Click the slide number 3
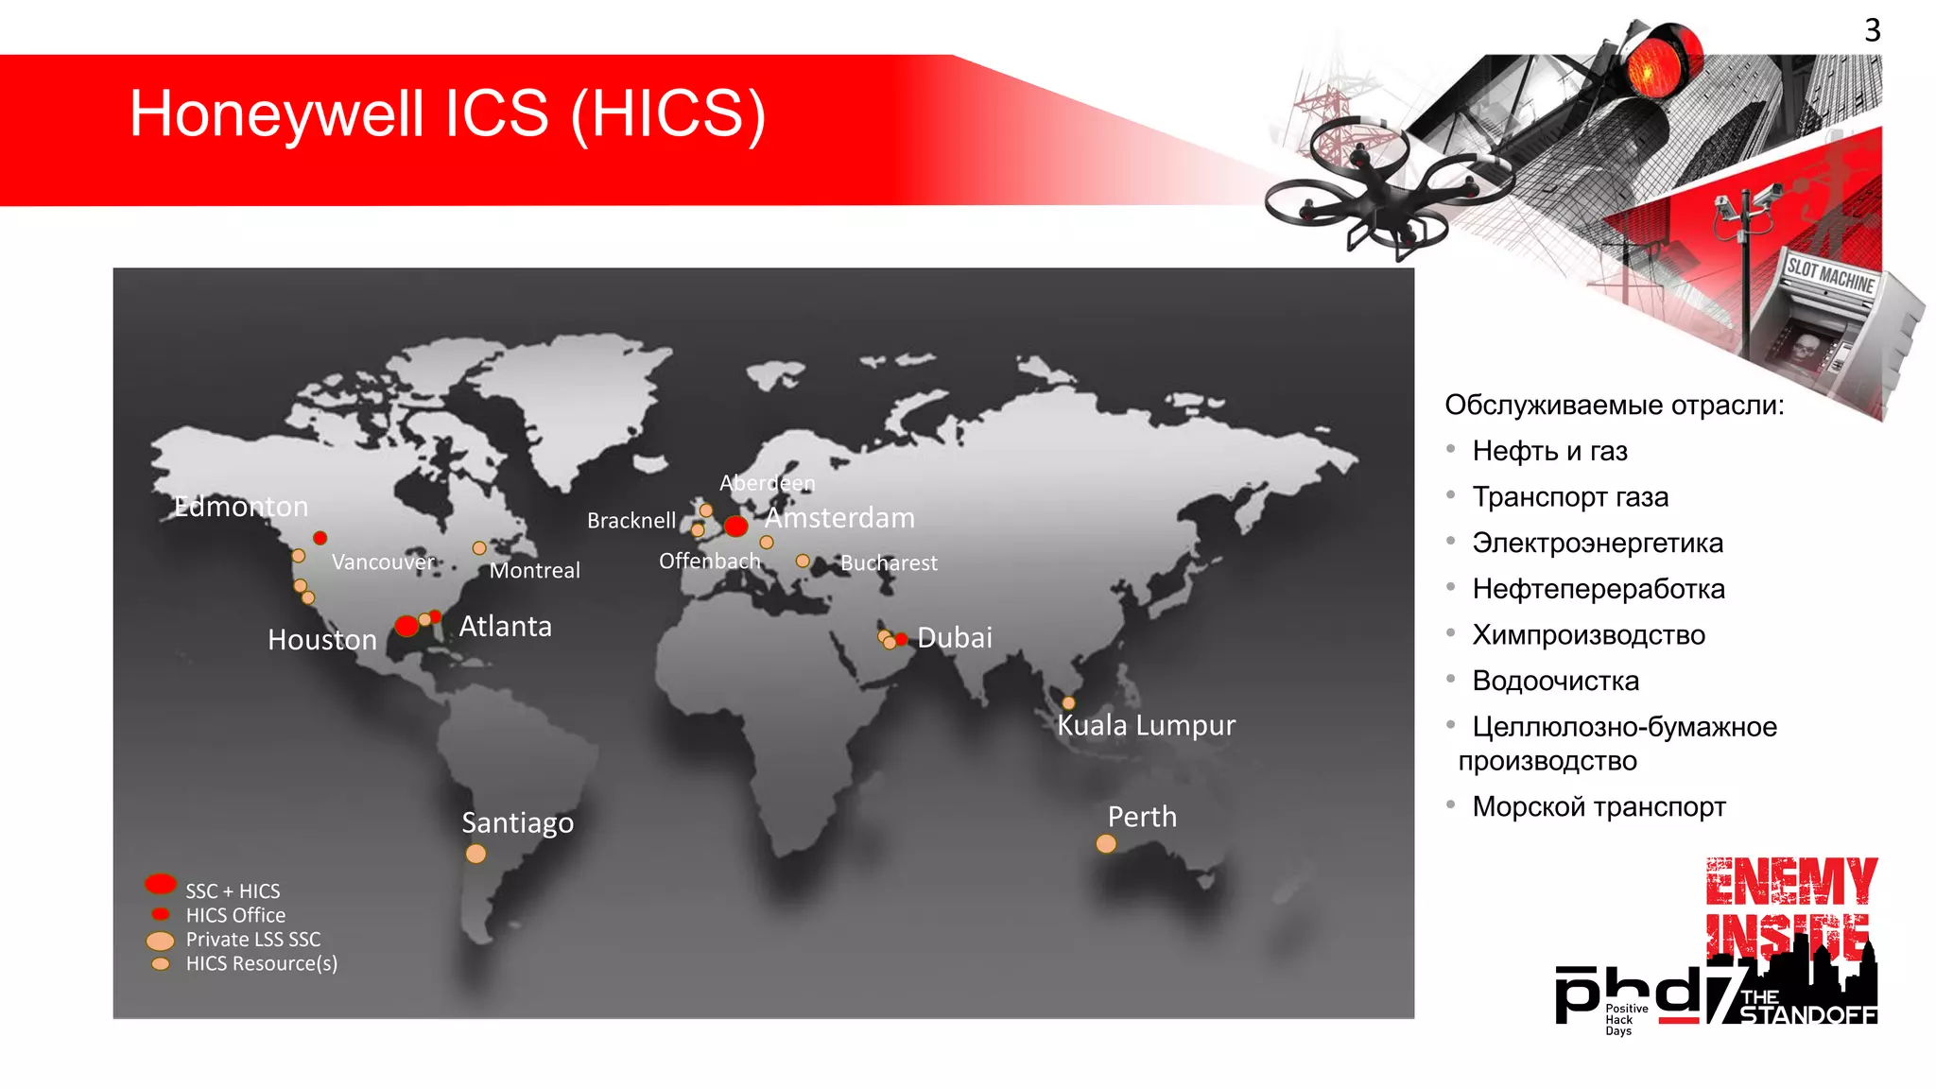[x=1872, y=30]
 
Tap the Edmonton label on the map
[x=241, y=507]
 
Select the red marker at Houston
[x=406, y=626]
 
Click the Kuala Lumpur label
[x=1146, y=725]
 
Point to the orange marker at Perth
[x=1106, y=843]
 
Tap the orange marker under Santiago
[x=475, y=854]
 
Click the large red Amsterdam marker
[x=735, y=526]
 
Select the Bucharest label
[x=889, y=563]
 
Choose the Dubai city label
[x=955, y=638]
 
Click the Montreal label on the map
[x=534, y=570]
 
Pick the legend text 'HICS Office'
[x=235, y=915]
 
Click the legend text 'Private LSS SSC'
[x=253, y=940]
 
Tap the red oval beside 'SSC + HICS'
[x=161, y=884]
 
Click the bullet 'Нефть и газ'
[x=1549, y=451]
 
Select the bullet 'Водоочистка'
[x=1555, y=681]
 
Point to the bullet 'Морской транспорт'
[x=1599, y=806]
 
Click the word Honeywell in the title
[x=276, y=114]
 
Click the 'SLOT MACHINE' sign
[x=1829, y=275]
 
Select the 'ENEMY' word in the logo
[x=1791, y=882]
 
